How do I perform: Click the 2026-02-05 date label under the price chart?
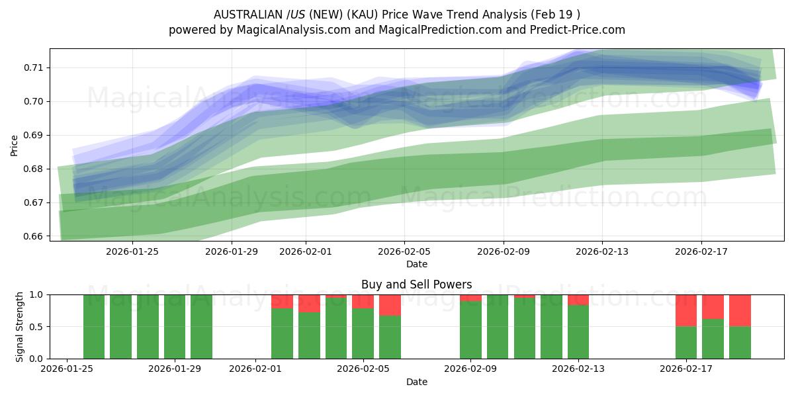point(404,251)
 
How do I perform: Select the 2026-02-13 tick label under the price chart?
point(602,251)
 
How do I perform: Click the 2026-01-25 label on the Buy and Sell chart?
point(67,369)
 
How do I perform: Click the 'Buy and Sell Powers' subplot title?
point(416,285)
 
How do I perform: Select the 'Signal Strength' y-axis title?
point(20,326)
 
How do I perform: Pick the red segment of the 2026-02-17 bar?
point(686,310)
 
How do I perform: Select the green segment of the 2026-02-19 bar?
point(740,342)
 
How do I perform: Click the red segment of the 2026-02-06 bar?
point(390,304)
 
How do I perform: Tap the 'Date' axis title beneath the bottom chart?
point(416,382)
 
